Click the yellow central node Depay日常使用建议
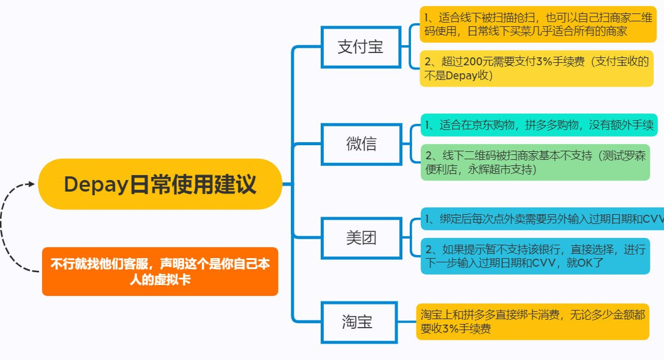coord(160,184)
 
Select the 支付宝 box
coord(361,47)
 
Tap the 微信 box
coord(361,144)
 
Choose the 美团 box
coord(361,238)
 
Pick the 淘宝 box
coord(359,322)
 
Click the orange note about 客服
coord(160,272)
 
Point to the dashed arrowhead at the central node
coord(31,184)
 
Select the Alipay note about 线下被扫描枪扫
coord(538,24)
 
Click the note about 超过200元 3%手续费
coord(537,68)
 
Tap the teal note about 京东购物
coord(539,125)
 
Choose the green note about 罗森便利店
coord(535,162)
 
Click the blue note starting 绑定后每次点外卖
coord(543,219)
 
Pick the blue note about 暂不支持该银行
coord(535,256)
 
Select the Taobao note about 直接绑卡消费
coord(533,322)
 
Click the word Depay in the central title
coord(96,185)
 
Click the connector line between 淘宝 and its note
coord(407,322)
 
